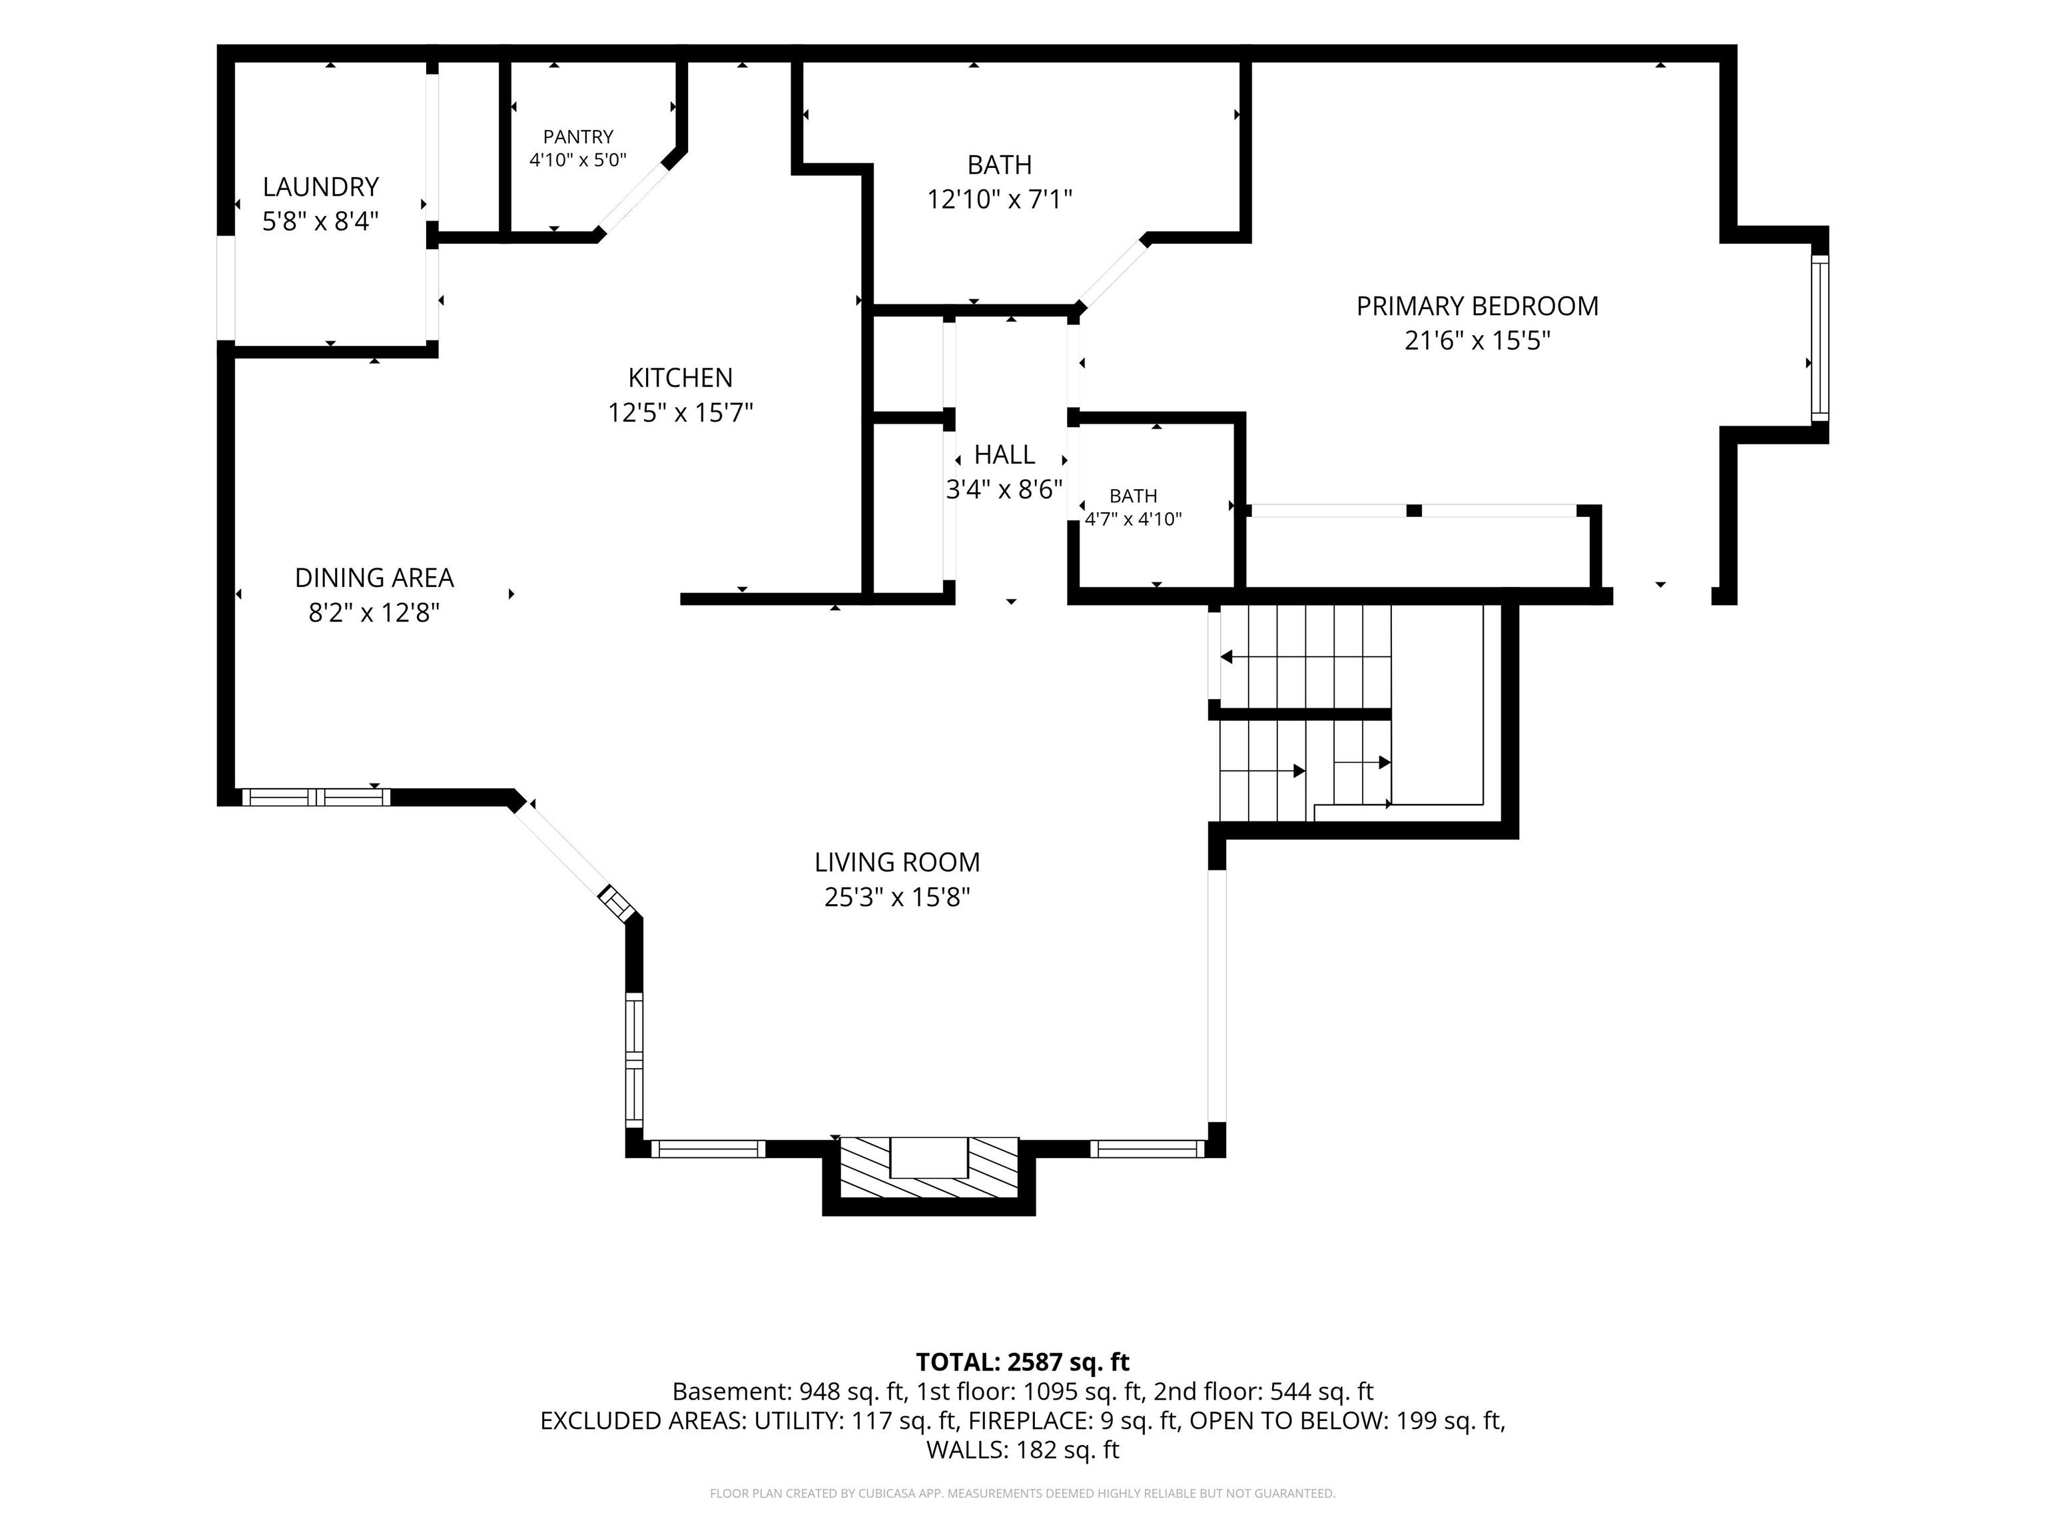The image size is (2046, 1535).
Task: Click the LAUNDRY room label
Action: [321, 187]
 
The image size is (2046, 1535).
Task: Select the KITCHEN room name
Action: [681, 378]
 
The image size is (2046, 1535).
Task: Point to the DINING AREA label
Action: [374, 578]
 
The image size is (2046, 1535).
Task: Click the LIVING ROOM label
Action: [897, 862]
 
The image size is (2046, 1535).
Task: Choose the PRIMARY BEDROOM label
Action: [1477, 306]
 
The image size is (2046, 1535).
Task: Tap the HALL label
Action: [1004, 455]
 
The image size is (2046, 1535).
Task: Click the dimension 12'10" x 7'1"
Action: [1000, 200]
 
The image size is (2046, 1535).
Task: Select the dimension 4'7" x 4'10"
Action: [1133, 519]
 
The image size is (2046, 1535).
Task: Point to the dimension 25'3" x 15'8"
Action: [897, 897]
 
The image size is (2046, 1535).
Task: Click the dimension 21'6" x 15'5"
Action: [1477, 341]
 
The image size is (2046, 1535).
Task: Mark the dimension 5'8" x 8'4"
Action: [321, 222]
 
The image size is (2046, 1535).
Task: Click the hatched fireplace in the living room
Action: [928, 1167]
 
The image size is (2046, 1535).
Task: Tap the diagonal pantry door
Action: [633, 200]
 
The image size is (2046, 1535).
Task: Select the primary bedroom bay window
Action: [1820, 338]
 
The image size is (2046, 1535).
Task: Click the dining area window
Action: [316, 797]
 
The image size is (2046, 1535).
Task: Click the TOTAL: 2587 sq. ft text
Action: [1023, 1362]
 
